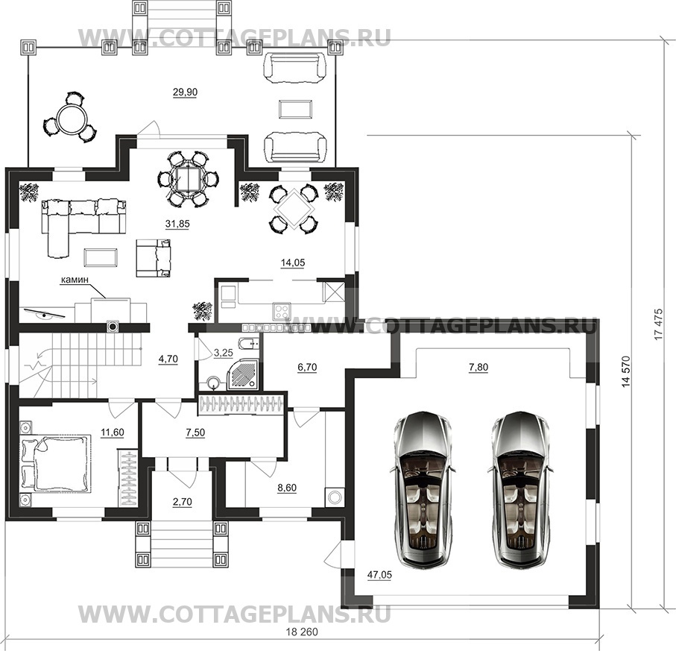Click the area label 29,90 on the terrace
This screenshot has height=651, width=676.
pyautogui.click(x=185, y=92)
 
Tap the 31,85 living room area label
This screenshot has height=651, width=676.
pyautogui.click(x=177, y=224)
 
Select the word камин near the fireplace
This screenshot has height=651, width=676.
pyautogui.click(x=75, y=280)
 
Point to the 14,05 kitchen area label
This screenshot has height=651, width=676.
pyautogui.click(x=293, y=262)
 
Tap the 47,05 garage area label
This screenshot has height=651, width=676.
pyautogui.click(x=380, y=575)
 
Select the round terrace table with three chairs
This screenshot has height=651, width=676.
pyautogui.click(x=70, y=117)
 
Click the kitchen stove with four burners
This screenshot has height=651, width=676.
pyautogui.click(x=282, y=312)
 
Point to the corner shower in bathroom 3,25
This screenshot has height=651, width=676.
pyautogui.click(x=243, y=374)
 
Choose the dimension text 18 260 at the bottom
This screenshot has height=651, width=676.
pyautogui.click(x=302, y=632)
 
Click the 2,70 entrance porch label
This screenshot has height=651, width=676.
pyautogui.click(x=183, y=502)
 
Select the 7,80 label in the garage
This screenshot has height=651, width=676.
pyautogui.click(x=478, y=367)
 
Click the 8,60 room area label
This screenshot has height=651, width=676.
pyautogui.click(x=287, y=488)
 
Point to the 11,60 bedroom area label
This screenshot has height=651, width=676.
pyautogui.click(x=113, y=432)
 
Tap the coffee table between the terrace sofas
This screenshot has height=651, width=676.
pyautogui.click(x=295, y=109)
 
